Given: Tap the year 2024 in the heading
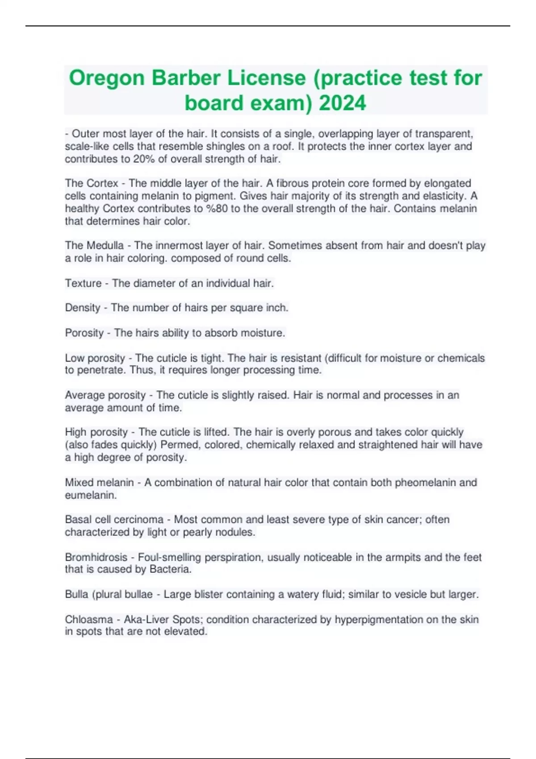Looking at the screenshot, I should click(343, 103).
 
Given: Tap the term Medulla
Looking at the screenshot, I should click(105, 246).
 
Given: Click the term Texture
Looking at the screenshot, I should click(83, 284).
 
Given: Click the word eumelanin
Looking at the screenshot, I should click(90, 495).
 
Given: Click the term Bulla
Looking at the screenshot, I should click(76, 595).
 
